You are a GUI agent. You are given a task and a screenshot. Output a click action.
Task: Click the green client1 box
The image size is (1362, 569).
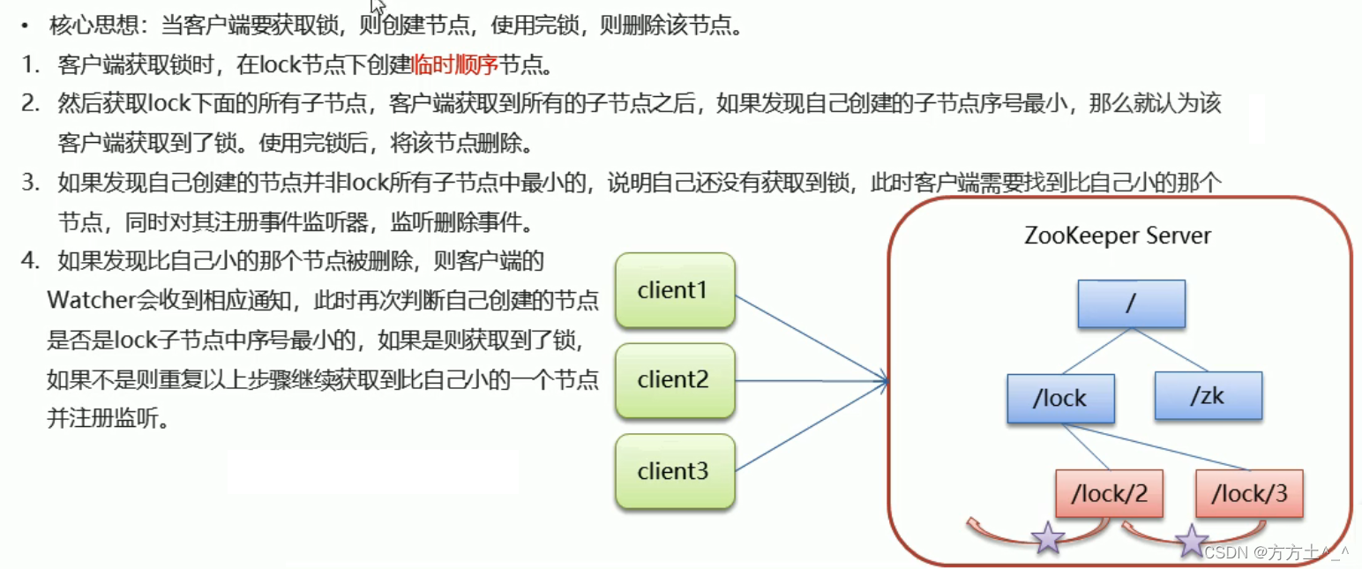675,290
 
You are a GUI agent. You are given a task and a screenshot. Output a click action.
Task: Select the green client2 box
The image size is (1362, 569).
675,380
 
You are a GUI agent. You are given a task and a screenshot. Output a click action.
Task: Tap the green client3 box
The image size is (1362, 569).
675,471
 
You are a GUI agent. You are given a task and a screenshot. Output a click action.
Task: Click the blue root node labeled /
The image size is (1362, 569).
1131,304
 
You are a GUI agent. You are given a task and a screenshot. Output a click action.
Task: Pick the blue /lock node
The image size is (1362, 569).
1060,399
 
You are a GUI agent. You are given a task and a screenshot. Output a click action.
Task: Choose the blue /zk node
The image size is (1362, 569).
1208,395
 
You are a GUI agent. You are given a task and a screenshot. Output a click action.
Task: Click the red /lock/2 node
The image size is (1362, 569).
1109,493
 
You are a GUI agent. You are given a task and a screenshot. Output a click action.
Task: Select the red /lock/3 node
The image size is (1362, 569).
1249,493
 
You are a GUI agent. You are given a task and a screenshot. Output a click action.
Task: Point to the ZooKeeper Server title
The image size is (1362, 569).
1118,236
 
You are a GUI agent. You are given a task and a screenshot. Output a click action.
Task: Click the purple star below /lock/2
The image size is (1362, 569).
1048,537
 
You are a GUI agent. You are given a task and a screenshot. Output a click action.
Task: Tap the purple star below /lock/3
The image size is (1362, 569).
1193,541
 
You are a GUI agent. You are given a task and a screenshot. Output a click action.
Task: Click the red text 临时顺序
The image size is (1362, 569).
455,64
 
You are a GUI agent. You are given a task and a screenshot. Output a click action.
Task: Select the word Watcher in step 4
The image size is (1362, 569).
89,301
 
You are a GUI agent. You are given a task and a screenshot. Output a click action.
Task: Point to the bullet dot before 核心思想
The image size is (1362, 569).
29,26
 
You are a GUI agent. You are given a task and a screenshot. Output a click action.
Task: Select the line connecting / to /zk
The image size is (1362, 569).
1171,350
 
